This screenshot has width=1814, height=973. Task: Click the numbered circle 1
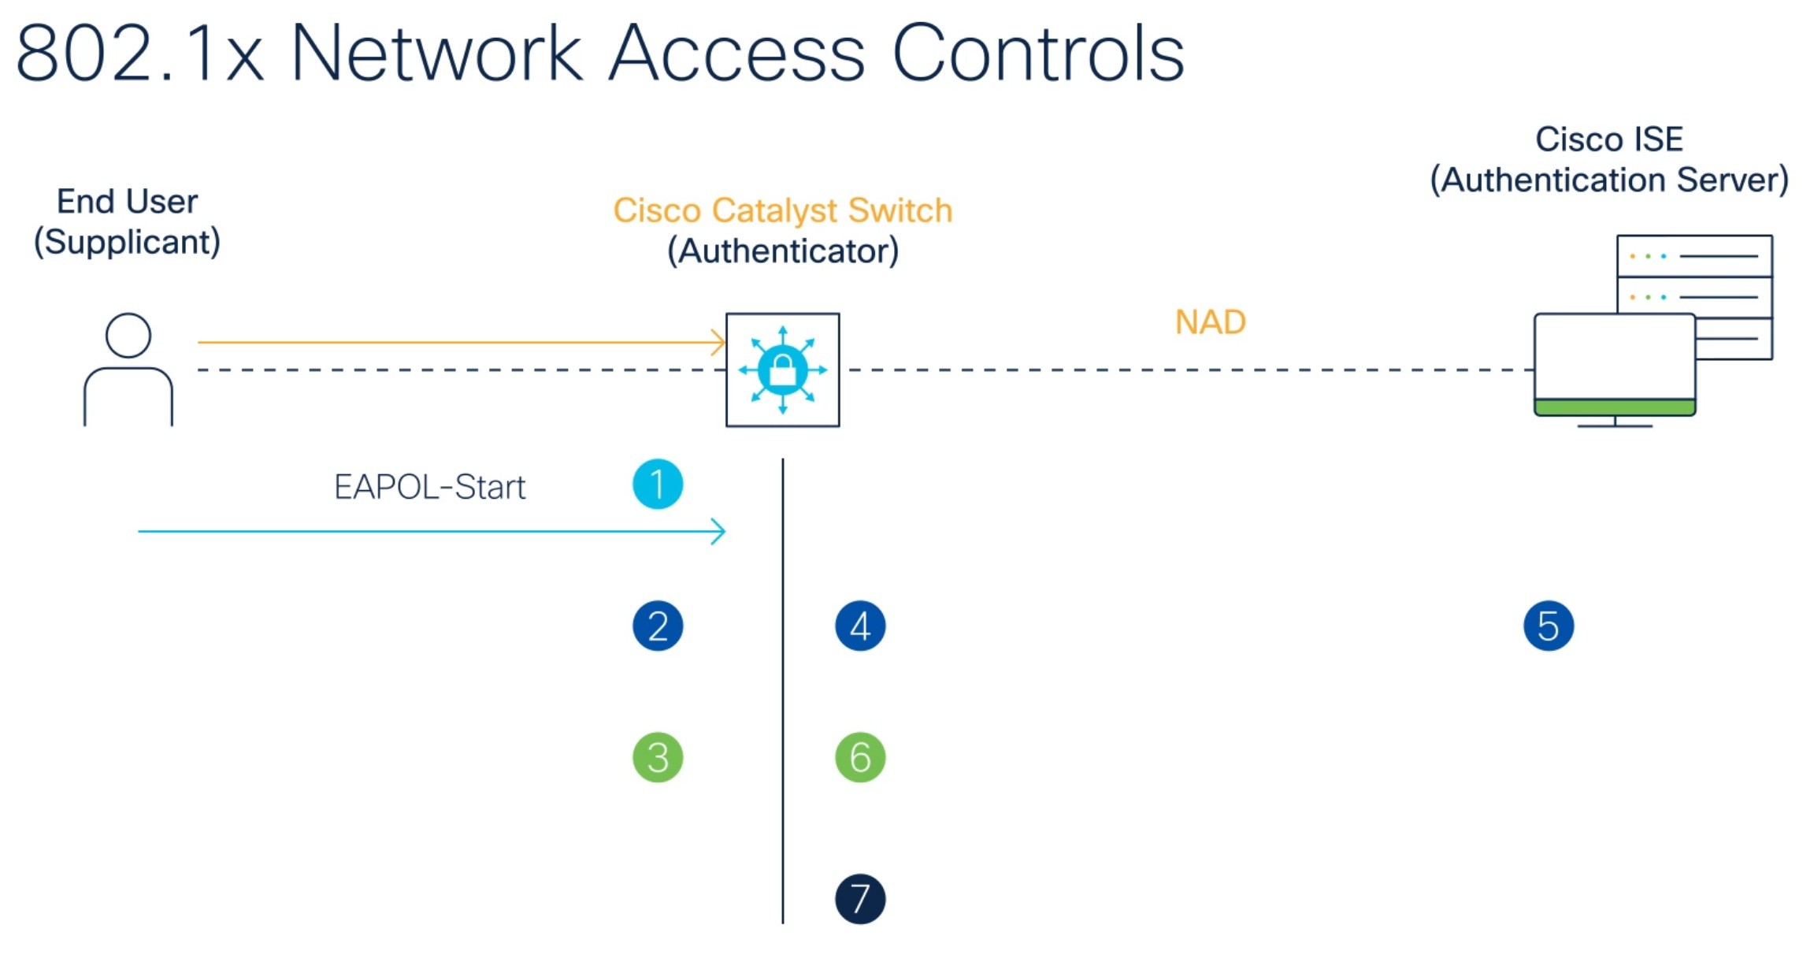(658, 485)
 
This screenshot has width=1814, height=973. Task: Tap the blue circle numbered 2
(658, 626)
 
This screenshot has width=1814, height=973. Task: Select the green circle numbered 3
(658, 758)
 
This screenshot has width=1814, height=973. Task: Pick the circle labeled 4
(860, 626)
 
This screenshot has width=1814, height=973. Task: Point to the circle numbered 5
(1549, 626)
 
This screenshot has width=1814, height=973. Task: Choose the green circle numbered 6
(860, 758)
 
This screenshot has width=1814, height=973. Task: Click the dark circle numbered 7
(860, 899)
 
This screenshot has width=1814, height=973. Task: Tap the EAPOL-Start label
(429, 488)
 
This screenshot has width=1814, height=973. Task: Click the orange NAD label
(1210, 322)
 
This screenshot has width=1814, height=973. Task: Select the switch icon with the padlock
(782, 370)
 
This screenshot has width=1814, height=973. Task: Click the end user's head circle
(128, 336)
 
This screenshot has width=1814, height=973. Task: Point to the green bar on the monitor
(1615, 407)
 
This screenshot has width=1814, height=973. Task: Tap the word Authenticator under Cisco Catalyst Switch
(782, 251)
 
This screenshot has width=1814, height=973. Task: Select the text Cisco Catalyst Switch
(782, 210)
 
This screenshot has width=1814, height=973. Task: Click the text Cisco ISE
(1608, 139)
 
